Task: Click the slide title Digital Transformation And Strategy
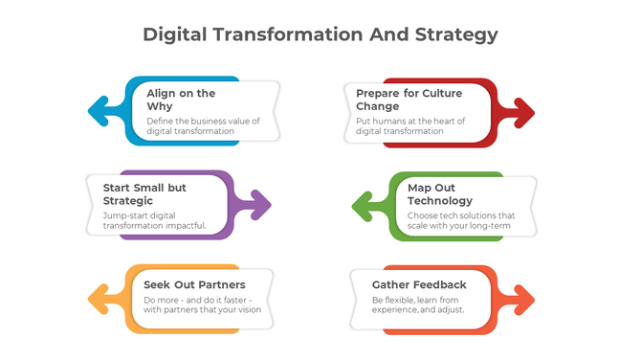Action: [320, 34]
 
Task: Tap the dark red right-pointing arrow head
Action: [524, 111]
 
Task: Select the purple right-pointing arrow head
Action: [261, 204]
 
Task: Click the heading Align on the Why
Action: [181, 100]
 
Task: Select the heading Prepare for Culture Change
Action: [409, 100]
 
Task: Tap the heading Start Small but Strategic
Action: [144, 194]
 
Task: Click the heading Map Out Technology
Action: [439, 194]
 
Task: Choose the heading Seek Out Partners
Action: [194, 284]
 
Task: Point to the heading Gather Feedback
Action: [419, 284]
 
